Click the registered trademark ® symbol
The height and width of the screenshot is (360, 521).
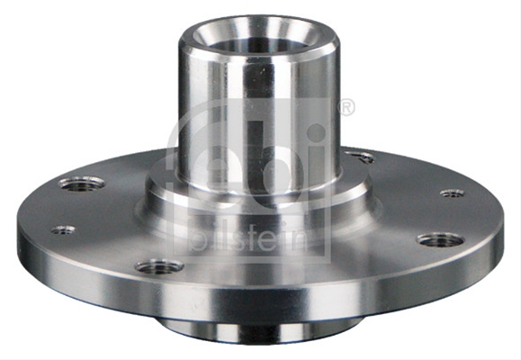[x=346, y=107]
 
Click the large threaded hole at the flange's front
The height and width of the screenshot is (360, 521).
[x=159, y=266]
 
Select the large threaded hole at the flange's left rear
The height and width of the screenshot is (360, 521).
[x=82, y=184]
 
